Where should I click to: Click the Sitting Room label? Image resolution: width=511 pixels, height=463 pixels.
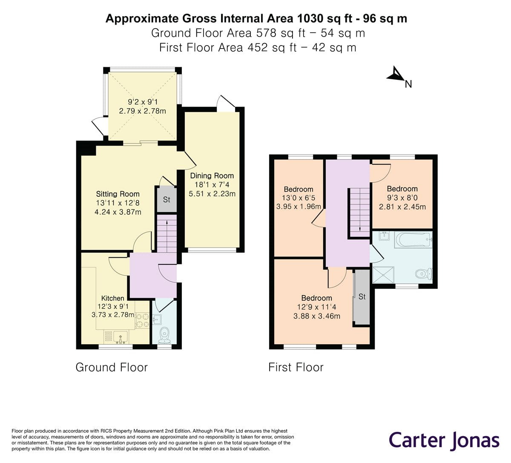118,194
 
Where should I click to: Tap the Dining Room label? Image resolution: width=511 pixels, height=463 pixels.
212,175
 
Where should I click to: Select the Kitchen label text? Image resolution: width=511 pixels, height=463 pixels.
112,298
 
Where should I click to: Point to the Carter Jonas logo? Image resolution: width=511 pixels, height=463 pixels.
444,440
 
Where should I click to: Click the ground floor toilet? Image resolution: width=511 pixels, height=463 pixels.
164,335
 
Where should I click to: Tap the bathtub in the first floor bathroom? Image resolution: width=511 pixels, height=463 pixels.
413,240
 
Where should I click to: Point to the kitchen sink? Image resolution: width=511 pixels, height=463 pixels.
122,337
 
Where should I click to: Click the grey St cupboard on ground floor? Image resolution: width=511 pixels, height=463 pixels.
167,199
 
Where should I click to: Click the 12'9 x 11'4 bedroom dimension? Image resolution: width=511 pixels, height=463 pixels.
316,307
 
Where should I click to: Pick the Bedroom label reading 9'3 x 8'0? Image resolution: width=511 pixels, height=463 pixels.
402,189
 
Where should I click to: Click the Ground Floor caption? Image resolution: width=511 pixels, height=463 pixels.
112,367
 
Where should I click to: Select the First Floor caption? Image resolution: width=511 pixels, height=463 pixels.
296,367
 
